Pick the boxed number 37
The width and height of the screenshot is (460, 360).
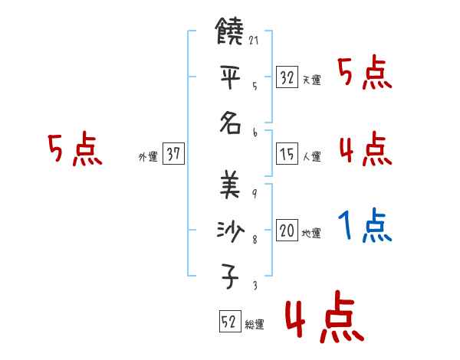(173, 155)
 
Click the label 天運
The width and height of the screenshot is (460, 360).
(310, 80)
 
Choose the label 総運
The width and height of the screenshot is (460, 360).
(254, 325)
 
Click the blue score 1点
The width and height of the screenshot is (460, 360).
(365, 227)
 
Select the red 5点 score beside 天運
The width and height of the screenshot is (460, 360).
(365, 74)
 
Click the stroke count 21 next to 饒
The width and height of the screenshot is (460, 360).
(254, 40)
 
